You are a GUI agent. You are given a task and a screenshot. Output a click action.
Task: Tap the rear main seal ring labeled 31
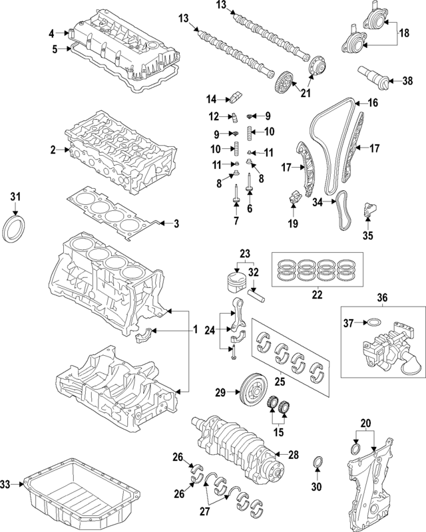click(15, 228)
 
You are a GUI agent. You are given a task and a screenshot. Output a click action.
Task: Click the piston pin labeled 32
click(258, 290)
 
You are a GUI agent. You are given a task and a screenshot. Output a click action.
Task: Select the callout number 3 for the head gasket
click(176, 223)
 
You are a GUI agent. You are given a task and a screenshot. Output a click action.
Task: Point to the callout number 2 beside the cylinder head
click(53, 151)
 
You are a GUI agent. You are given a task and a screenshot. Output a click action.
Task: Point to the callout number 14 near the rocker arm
click(211, 100)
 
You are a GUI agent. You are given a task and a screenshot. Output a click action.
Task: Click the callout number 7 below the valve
click(236, 220)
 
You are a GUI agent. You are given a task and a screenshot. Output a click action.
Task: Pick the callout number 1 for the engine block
click(196, 330)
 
